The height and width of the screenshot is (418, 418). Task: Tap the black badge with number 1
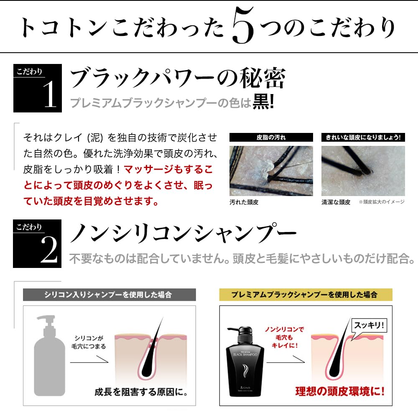click(x=37, y=88)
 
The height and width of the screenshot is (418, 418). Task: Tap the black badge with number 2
click(x=37, y=243)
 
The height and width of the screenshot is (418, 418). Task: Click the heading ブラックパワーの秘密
click(x=178, y=78)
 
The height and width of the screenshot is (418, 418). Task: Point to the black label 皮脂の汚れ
click(x=271, y=137)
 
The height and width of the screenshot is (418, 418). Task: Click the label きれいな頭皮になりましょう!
click(x=363, y=137)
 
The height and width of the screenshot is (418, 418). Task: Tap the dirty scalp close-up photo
click(x=271, y=170)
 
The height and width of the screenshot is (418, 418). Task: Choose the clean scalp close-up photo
click(x=363, y=170)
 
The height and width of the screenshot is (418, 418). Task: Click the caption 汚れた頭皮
click(x=244, y=202)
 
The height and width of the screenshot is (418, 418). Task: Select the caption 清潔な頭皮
click(x=336, y=202)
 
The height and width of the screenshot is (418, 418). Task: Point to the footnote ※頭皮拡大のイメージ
click(x=381, y=202)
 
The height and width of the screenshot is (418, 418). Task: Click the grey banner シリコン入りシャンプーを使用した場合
click(x=109, y=295)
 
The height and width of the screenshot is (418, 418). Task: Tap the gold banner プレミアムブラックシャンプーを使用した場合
click(x=306, y=295)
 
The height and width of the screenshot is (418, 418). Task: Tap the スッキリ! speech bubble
click(x=368, y=325)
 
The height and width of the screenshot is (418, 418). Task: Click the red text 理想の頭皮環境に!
click(x=340, y=392)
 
